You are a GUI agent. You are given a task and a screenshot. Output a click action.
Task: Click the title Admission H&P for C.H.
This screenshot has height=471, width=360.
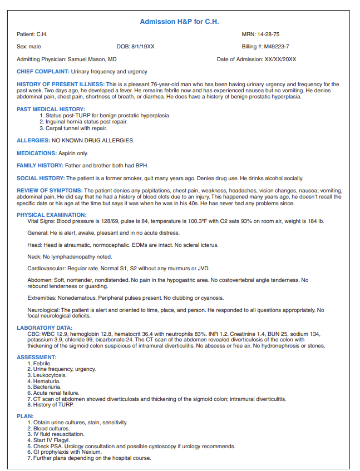(x=179, y=22)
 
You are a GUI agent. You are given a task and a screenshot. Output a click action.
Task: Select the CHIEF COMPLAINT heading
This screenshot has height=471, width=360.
(x=43, y=72)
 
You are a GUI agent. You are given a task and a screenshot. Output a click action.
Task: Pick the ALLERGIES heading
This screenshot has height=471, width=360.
(x=33, y=140)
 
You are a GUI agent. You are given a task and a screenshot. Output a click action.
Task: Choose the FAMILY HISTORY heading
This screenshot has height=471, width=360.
(x=40, y=166)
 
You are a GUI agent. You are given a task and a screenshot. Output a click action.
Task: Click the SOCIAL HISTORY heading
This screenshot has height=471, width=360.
(x=41, y=179)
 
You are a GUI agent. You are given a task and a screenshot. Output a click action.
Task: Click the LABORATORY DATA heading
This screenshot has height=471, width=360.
(x=45, y=328)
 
